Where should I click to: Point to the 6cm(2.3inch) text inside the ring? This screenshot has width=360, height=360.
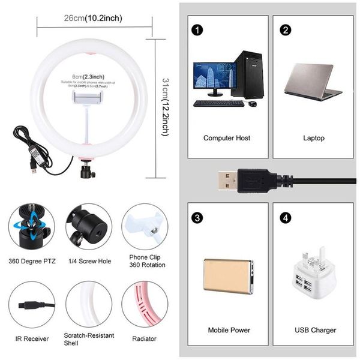coord(88,77)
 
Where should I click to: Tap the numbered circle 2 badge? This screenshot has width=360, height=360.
coord(286,29)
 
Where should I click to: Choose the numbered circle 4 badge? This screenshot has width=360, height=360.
coord(286,217)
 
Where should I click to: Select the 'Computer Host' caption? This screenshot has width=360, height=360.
coord(227,138)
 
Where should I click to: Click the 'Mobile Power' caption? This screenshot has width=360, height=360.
coord(229,330)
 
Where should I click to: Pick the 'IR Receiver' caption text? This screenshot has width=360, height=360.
coord(31,339)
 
